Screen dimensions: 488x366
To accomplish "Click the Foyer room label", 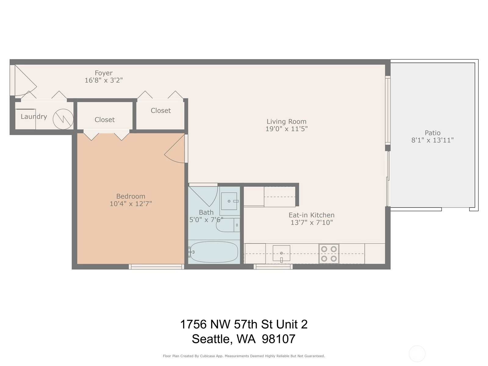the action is [x=104, y=73].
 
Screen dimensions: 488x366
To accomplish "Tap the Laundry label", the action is [x=34, y=117].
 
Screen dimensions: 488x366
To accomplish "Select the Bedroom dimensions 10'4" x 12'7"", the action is [x=131, y=203].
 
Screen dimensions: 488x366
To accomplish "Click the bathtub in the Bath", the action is [x=214, y=252].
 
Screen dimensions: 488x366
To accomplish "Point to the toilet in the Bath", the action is [x=228, y=225].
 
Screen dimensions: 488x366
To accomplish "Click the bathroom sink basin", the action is [x=229, y=201].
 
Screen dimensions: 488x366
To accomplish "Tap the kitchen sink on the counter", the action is [x=282, y=253].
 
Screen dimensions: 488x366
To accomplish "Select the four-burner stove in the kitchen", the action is [x=329, y=254].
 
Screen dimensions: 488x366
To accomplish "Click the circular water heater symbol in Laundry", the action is [x=63, y=119].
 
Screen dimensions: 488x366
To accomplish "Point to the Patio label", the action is [x=432, y=133].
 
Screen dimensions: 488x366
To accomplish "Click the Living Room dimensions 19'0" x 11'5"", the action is [x=287, y=129].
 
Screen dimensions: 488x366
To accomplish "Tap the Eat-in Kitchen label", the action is [x=311, y=215].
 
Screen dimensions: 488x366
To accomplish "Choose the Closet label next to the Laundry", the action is [x=105, y=120].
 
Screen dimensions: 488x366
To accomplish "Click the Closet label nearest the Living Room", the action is [x=161, y=111].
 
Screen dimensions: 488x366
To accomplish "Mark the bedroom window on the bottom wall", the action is [x=156, y=267].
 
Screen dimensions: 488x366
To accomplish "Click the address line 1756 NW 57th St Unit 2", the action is [x=244, y=324].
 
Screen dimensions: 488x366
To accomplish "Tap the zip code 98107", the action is [x=278, y=339].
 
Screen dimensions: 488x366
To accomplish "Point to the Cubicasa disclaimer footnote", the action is [x=244, y=356].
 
